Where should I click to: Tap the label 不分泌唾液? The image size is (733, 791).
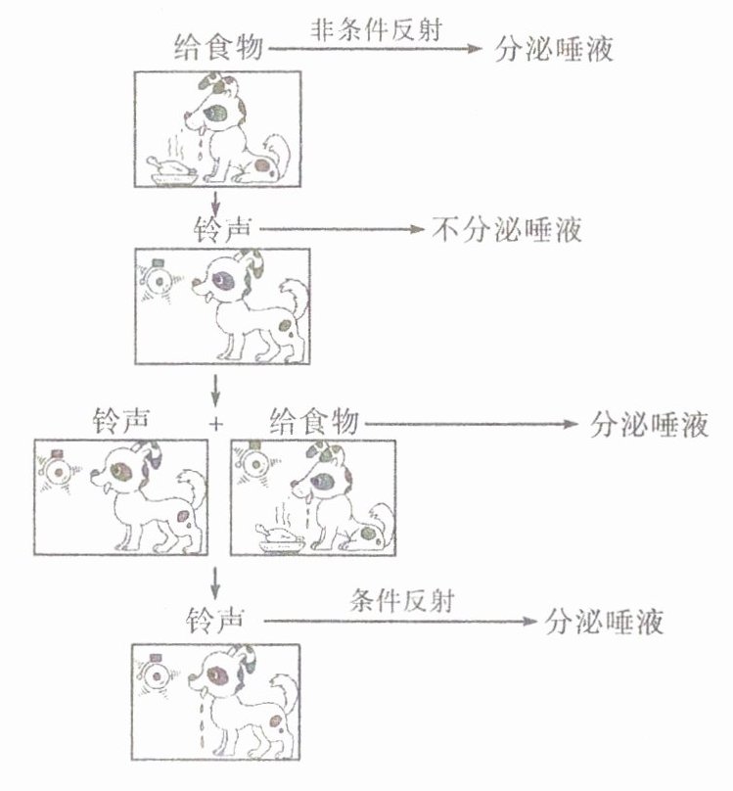507,231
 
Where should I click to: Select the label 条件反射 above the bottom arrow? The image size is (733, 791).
401,601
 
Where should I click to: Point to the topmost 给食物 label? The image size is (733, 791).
218,47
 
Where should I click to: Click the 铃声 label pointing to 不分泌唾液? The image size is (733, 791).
224,231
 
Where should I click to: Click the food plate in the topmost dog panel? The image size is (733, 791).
171,172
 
